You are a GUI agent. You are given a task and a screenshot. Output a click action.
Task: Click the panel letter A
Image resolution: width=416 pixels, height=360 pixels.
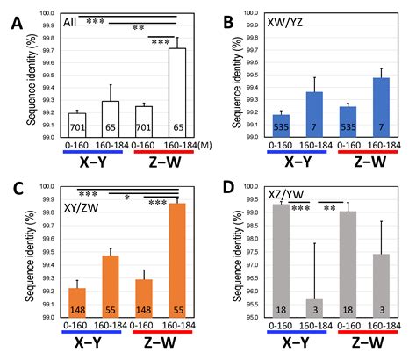(x=17, y=23)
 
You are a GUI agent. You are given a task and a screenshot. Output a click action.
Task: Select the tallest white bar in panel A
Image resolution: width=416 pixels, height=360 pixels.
(x=177, y=93)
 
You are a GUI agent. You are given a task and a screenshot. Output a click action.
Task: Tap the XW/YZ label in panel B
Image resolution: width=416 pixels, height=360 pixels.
(x=284, y=23)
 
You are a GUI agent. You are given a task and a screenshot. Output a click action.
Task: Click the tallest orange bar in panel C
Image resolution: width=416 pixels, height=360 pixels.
(x=177, y=261)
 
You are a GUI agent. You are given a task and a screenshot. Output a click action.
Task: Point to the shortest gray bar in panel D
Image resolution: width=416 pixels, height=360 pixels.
(x=315, y=308)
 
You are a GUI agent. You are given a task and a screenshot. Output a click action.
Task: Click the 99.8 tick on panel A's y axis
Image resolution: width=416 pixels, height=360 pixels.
(x=48, y=39)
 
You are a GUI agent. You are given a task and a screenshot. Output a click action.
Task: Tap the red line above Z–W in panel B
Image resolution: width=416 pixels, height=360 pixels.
(x=368, y=152)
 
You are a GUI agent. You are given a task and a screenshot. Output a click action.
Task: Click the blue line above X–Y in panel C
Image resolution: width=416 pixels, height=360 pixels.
(x=91, y=332)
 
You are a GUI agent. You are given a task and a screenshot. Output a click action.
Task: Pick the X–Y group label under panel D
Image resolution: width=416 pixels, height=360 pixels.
(x=296, y=343)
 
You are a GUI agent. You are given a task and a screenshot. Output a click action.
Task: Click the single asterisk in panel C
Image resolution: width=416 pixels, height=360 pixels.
(x=127, y=198)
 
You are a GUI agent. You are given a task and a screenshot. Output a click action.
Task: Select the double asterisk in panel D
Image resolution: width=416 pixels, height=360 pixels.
(x=330, y=208)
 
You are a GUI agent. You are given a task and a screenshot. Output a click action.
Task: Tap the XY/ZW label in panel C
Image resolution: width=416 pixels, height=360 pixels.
(x=81, y=208)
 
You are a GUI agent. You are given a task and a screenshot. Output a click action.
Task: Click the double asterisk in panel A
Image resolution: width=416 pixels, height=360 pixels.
(x=139, y=28)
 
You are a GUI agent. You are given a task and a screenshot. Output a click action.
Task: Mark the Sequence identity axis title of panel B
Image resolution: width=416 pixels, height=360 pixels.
(x=238, y=83)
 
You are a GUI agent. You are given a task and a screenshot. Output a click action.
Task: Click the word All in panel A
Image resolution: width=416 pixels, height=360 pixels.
(x=70, y=22)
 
